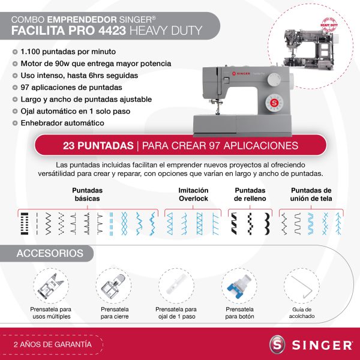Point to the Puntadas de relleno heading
(x=245, y=193)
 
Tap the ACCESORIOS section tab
(x=50, y=253)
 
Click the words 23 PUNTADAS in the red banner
(x=98, y=146)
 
